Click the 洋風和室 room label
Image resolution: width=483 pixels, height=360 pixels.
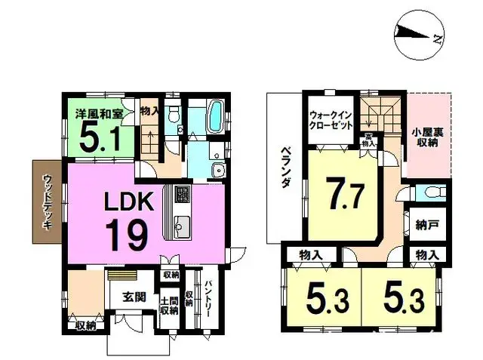click(100, 114)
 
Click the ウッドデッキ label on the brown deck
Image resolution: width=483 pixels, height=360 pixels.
click(48, 202)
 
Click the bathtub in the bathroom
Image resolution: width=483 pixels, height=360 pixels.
click(211, 116)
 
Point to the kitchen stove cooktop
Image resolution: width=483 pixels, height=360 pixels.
click(182, 195)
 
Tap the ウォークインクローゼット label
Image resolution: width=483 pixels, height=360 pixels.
click(331, 121)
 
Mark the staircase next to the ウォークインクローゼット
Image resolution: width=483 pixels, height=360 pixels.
click(375, 117)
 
